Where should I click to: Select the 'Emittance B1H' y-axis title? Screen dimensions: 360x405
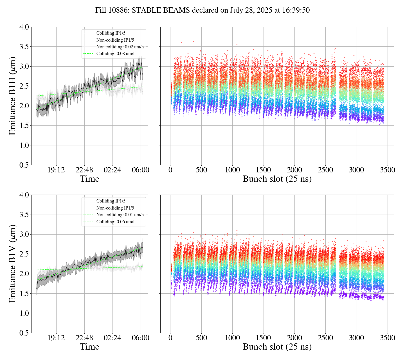pos(12,96)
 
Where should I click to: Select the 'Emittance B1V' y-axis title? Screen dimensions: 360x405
pos(12,264)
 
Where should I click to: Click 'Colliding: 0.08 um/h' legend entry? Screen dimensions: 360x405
pos(116,54)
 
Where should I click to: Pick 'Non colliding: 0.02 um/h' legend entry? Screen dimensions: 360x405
pos(120,47)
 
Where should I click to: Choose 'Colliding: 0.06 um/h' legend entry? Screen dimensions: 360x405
pos(116,222)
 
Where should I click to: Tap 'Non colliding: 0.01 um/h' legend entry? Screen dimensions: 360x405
pos(120,215)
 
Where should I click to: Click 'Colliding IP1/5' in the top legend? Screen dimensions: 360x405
pos(111,33)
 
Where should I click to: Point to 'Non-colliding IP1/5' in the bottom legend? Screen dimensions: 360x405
pos(115,208)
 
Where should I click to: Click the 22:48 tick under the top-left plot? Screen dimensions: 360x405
pos(84,170)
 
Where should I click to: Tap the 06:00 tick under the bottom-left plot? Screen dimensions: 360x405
pos(141,338)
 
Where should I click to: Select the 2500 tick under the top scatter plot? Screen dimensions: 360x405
pos(325,170)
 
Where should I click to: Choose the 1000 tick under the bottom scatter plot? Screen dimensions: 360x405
pos(232,338)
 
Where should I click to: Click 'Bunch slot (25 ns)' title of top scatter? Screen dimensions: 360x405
pos(277,179)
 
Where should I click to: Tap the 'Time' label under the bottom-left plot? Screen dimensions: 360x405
pos(89,347)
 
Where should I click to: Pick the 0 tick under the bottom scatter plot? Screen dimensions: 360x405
pos(170,338)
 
